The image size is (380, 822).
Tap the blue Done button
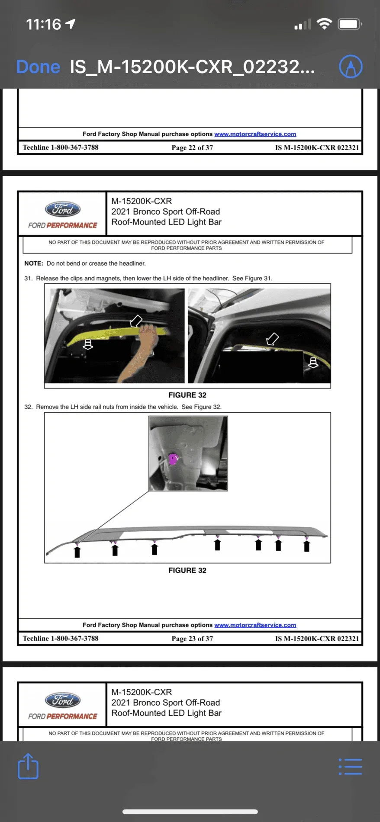[38, 67]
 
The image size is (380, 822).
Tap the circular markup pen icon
[351, 67]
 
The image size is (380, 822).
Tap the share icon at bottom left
[28, 766]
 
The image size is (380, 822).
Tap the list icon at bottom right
[350, 766]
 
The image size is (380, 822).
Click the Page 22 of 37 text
[192, 148]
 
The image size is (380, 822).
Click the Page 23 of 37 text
[192, 639]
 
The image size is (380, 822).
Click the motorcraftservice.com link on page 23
[255, 625]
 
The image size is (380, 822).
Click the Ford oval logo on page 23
[63, 210]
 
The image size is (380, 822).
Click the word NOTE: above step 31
[34, 263]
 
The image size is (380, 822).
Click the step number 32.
[28, 407]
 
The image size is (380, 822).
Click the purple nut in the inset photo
[173, 459]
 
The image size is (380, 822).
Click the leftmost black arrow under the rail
[77, 552]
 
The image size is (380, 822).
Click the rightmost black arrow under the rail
[306, 546]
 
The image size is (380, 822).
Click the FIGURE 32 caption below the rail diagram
[187, 570]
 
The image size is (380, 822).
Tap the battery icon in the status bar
[349, 24]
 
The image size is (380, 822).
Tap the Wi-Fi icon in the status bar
[324, 24]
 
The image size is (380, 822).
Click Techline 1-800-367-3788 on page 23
[61, 639]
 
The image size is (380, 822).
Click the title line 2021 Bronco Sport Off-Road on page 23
[165, 212]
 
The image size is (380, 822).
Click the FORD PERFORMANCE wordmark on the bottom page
[63, 716]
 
